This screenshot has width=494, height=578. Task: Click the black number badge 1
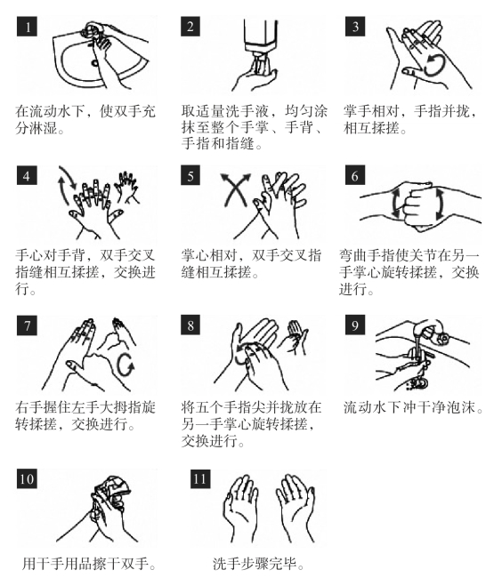27,26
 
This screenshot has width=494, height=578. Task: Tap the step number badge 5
190,175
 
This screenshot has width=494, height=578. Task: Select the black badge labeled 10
27,478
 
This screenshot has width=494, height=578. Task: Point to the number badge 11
200,478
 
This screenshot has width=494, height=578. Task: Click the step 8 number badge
190,325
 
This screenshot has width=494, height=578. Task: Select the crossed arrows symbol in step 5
235,189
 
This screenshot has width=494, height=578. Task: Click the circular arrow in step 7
126,365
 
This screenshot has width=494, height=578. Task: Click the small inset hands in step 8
296,337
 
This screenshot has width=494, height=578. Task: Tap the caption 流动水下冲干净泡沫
413,407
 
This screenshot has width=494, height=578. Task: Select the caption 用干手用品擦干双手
88,564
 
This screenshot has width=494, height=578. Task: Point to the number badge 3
355,26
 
